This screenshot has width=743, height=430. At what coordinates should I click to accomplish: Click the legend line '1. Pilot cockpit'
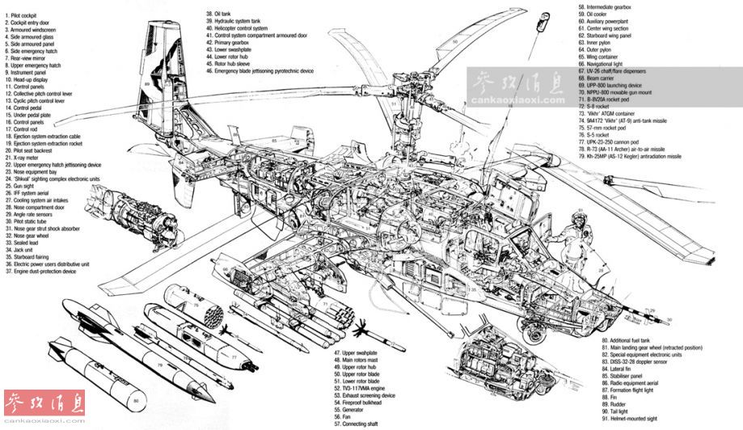tap(25, 14)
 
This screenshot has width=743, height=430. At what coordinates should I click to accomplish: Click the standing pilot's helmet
tap(579, 217)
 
